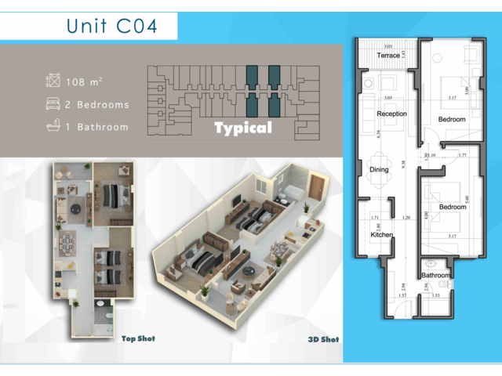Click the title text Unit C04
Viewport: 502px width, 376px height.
click(112, 25)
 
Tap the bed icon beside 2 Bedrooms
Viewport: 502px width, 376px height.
click(53, 104)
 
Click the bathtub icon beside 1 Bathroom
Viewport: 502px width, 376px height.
click(53, 126)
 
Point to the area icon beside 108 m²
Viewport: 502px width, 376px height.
click(53, 81)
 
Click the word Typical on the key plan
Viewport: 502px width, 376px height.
click(243, 128)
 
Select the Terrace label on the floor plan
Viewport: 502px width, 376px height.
click(388, 56)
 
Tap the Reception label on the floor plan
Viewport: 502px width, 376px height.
click(391, 114)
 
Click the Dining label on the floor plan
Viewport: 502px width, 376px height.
click(380, 168)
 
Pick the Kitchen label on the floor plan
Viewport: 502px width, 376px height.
click(381, 234)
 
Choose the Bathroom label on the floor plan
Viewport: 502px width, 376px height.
click(435, 276)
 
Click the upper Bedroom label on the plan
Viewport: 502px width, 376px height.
click(452, 120)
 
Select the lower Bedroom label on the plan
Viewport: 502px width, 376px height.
click(452, 207)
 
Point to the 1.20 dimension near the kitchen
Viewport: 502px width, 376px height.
click(406, 217)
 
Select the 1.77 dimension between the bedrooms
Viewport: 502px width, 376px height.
click(462, 156)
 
